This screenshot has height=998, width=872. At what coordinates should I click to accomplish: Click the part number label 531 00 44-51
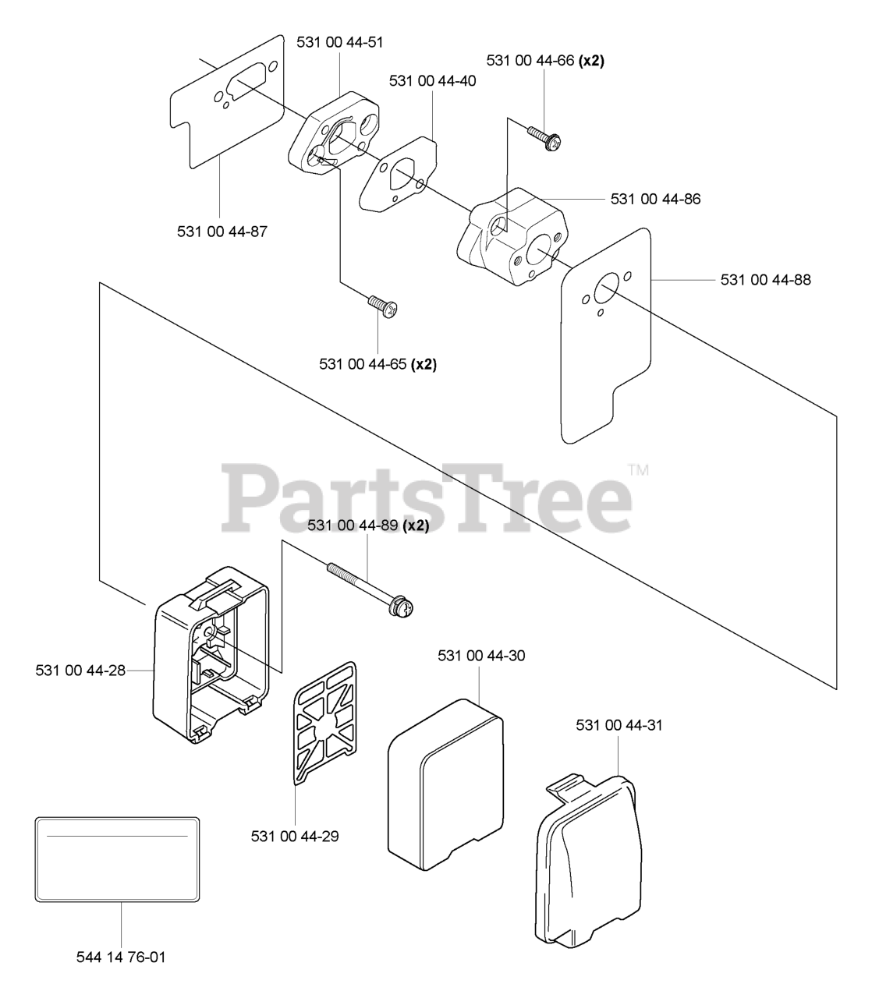(x=340, y=42)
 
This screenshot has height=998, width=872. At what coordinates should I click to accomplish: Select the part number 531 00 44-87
(x=222, y=231)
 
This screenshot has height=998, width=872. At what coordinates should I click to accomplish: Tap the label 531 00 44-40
(x=432, y=80)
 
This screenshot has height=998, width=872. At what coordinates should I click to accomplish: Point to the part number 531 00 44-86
(x=655, y=199)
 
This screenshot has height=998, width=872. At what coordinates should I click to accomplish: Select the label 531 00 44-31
(x=619, y=725)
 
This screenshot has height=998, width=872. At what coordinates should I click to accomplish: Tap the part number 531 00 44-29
(x=295, y=836)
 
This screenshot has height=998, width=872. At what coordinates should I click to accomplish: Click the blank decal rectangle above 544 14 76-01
(x=117, y=858)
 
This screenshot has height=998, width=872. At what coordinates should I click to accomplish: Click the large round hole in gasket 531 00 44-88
(x=606, y=293)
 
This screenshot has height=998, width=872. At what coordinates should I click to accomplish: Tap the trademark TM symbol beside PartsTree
(x=638, y=470)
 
